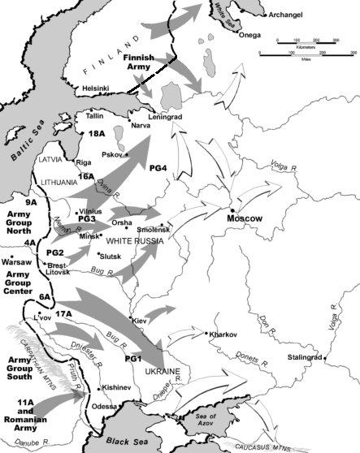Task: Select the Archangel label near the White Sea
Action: coord(292,14)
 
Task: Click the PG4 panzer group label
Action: coord(159,168)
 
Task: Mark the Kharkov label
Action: coord(224,334)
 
